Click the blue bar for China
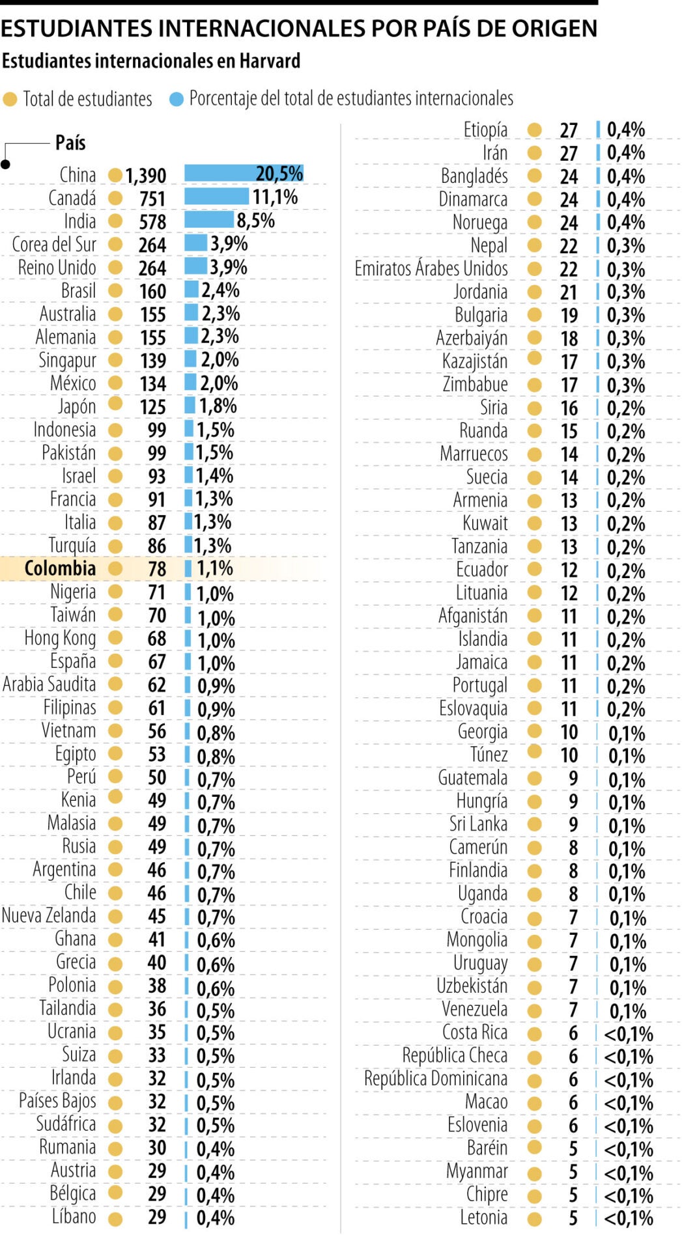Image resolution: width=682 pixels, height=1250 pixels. [x=243, y=174]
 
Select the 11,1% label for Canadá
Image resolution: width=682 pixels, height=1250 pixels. [x=275, y=197]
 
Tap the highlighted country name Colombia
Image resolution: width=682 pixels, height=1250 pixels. [x=60, y=568]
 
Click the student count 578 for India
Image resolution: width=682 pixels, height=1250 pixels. [x=152, y=221]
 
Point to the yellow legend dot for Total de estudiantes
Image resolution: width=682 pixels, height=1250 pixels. [x=10, y=99]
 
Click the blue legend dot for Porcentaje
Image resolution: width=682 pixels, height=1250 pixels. [x=176, y=99]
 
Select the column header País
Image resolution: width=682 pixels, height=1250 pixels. [x=70, y=143]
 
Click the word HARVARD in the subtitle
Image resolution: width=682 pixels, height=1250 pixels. [x=270, y=61]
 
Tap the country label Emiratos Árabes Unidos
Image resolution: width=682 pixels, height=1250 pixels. [x=431, y=268]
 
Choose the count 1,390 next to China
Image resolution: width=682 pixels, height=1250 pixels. [x=145, y=176]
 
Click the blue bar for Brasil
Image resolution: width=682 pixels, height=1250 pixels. [x=192, y=290]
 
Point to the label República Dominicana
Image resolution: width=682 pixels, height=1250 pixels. [x=435, y=1079]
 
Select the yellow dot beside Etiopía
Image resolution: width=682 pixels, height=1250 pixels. [x=534, y=130]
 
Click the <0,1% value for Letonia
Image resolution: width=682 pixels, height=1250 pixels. [x=629, y=1217]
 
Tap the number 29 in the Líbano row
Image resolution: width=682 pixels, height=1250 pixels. [x=157, y=1217]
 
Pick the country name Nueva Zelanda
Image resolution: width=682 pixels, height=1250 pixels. [x=49, y=915]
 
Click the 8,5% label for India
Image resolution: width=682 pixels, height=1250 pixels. [x=255, y=221]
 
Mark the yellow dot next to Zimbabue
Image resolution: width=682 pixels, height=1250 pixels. [x=534, y=385]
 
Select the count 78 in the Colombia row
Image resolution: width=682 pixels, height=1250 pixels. [x=157, y=569]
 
